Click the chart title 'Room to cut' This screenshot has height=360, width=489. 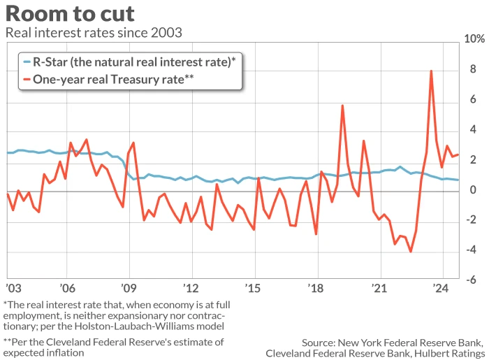(70, 13)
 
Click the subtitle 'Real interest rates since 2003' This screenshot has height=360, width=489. (94, 32)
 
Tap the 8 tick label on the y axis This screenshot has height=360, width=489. (473, 70)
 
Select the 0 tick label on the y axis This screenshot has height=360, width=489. (473, 189)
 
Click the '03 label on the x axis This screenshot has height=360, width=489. (13, 288)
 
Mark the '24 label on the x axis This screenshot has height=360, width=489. (440, 288)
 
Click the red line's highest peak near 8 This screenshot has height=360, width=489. (431, 71)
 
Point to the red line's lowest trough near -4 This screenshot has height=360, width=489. (410, 252)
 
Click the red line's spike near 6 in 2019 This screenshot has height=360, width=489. (342, 106)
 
